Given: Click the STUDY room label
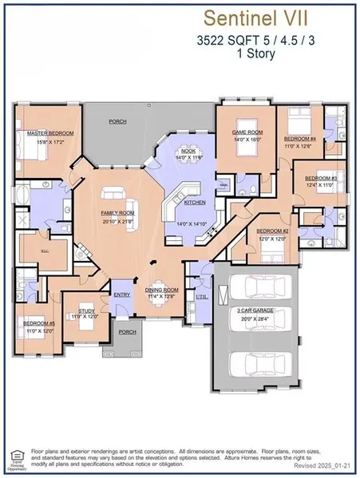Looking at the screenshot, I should click(87, 310).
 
